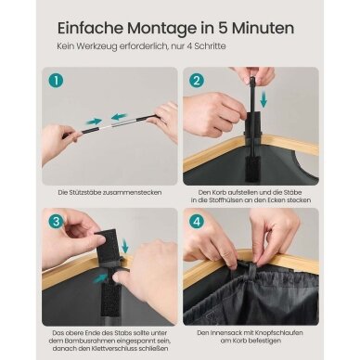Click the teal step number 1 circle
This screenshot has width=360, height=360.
56,81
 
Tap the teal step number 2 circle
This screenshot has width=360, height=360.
197,81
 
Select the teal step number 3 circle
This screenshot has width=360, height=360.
56,221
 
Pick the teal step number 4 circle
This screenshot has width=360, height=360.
197,221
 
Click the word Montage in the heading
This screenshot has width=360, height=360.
161,29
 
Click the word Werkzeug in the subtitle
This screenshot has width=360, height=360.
99,46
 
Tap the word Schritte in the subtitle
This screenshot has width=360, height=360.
209,46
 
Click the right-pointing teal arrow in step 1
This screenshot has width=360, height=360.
94,122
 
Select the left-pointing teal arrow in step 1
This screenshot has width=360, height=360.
119,117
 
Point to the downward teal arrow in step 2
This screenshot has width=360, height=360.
264,99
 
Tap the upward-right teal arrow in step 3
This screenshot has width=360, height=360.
100,277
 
